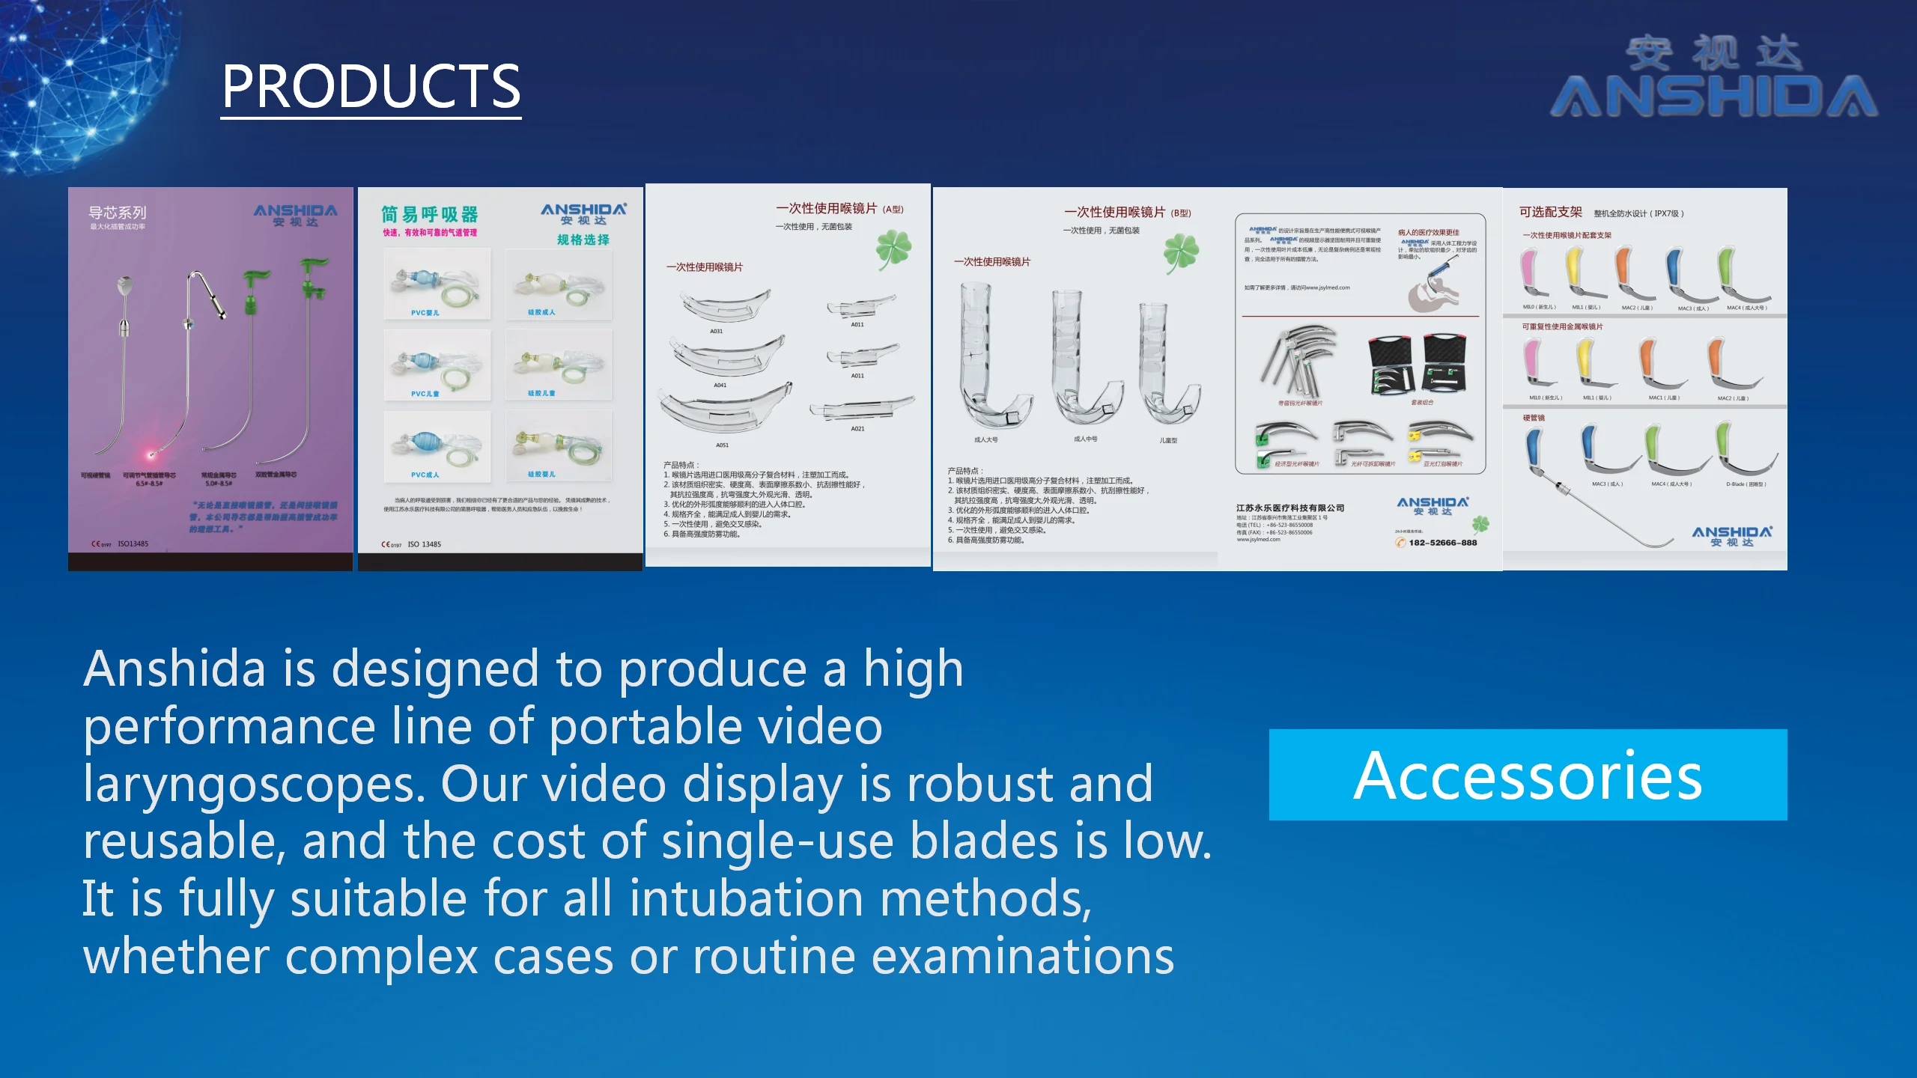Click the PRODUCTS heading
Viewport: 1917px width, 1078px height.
point(371,87)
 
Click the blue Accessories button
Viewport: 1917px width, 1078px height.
point(1528,775)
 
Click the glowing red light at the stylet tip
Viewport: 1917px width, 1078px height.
point(153,454)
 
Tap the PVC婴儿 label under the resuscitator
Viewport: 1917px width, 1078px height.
point(425,313)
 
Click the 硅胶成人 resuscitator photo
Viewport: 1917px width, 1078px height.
point(558,284)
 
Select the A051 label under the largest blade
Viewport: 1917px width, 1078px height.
point(722,445)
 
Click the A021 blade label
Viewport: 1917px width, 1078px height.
point(857,429)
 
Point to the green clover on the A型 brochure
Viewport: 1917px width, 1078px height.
point(893,249)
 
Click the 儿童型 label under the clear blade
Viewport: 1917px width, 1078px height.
point(1168,440)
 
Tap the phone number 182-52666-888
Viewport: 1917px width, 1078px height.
point(1442,543)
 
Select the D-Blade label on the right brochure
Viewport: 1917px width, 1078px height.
point(1746,484)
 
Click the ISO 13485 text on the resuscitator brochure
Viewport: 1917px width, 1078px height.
point(424,544)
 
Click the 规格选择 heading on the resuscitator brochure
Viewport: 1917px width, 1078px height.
point(583,240)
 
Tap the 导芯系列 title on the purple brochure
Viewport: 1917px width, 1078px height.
point(118,213)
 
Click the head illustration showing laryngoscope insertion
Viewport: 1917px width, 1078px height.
point(1434,288)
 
